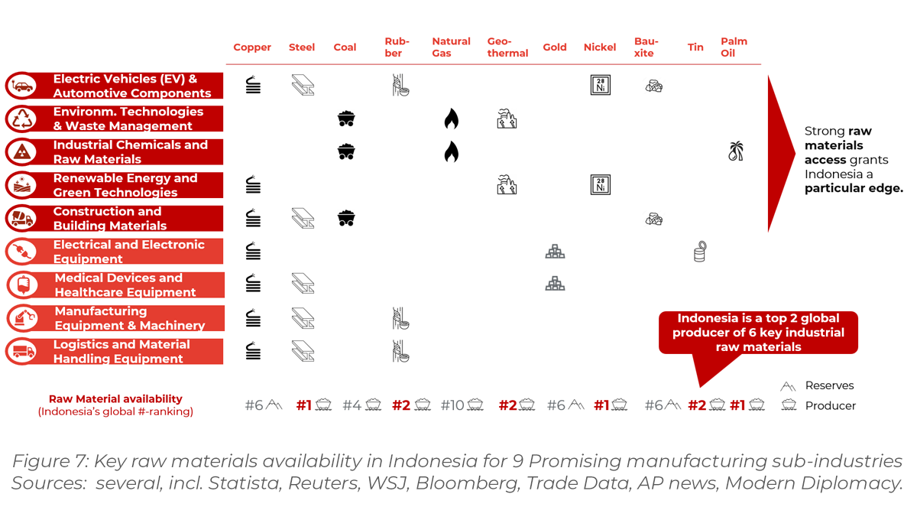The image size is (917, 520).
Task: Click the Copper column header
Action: (252, 47)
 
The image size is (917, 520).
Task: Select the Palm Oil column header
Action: (734, 47)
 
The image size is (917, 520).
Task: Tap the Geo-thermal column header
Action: (507, 47)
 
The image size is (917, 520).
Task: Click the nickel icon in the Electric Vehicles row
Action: (601, 85)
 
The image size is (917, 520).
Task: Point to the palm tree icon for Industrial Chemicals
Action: (736, 151)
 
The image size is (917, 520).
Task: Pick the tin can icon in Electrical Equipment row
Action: (699, 252)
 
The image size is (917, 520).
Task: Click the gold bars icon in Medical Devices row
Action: (555, 284)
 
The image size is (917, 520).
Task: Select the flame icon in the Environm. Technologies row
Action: (452, 119)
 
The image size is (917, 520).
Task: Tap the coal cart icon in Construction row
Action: (346, 218)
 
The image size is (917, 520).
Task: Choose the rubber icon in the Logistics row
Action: (400, 351)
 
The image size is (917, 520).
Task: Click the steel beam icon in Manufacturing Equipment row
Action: (303, 317)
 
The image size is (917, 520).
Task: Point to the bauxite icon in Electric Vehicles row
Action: (653, 86)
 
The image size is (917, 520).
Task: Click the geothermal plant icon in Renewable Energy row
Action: (507, 185)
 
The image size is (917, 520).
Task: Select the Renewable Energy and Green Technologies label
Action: (125, 185)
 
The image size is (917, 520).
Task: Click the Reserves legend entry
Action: (828, 385)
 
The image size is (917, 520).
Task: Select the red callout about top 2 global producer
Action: (758, 333)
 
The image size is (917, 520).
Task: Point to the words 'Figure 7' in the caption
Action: (47, 462)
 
